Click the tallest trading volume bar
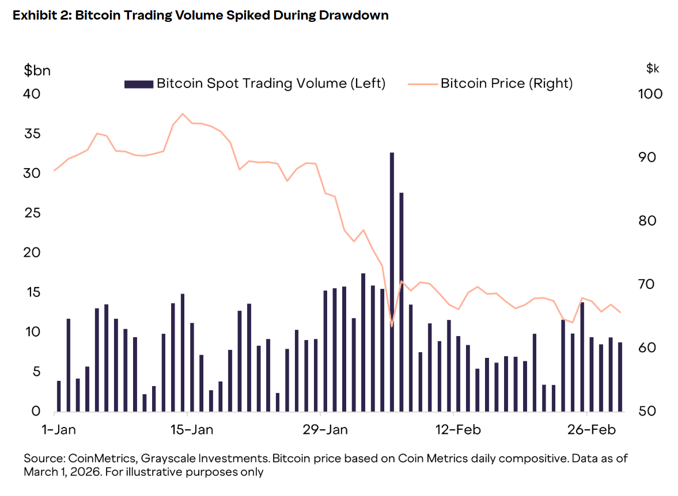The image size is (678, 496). [x=392, y=282]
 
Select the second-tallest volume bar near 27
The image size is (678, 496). [x=402, y=302]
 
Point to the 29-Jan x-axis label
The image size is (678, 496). [x=325, y=430]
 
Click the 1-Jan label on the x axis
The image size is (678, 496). [x=59, y=430]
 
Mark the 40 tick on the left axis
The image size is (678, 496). [x=32, y=94]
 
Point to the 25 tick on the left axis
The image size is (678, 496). [x=32, y=213]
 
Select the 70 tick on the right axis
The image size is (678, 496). [x=651, y=284]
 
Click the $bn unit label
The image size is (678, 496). [x=37, y=70]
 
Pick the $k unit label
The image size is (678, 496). [x=653, y=69]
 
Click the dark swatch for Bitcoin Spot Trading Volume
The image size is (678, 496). [x=139, y=84]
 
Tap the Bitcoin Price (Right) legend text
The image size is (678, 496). [x=506, y=83]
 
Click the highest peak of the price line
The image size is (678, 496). [x=183, y=114]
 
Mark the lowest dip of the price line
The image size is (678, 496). [x=392, y=326]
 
